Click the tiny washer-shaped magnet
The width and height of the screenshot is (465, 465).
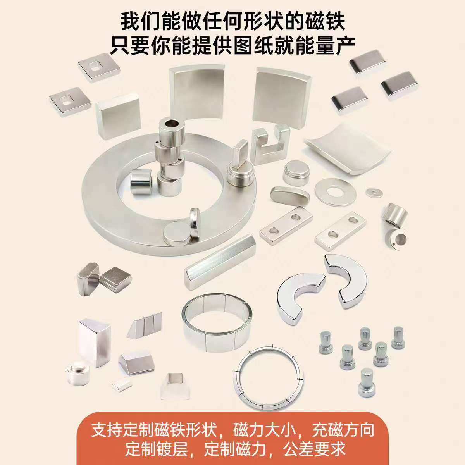[x=374, y=192]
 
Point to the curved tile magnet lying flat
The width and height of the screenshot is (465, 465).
[x=347, y=149]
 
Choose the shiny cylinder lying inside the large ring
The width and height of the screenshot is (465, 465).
[x=141, y=181]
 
